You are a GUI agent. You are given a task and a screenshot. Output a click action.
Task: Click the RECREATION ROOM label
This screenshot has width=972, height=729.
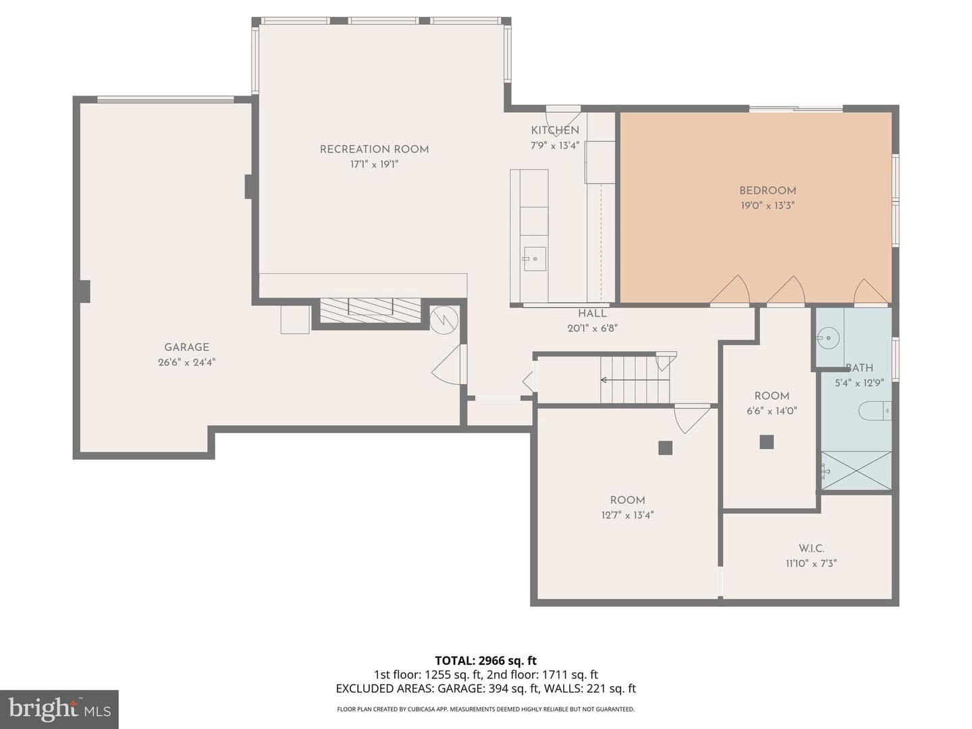pyautogui.click(x=374, y=150)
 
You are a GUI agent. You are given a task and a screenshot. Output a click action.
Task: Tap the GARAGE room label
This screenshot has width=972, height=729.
pyautogui.click(x=186, y=348)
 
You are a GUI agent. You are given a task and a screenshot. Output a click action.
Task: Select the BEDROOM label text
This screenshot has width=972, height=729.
pyautogui.click(x=767, y=191)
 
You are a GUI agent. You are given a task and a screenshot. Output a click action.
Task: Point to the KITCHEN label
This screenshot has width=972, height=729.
pyautogui.click(x=555, y=130)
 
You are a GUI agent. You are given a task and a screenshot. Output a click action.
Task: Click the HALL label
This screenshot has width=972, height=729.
pyautogui.click(x=592, y=314)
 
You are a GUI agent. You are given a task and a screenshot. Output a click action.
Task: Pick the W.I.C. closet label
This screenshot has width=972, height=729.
pyautogui.click(x=811, y=548)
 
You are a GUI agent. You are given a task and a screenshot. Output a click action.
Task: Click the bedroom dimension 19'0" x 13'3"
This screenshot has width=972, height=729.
pyautogui.click(x=767, y=206)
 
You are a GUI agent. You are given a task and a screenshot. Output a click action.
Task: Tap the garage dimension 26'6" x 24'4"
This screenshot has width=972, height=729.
pyautogui.click(x=186, y=362)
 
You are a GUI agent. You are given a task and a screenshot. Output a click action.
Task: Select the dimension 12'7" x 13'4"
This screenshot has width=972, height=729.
pyautogui.click(x=627, y=515)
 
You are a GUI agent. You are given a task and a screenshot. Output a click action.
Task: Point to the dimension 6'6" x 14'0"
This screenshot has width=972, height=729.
pyautogui.click(x=772, y=411)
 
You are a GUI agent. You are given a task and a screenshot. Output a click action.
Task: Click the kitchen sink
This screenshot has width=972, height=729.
pyautogui.click(x=534, y=259)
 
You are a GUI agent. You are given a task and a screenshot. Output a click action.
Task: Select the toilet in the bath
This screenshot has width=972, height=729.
pyautogui.click(x=875, y=411)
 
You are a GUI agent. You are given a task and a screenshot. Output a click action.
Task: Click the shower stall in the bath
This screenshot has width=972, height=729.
pyautogui.click(x=857, y=470)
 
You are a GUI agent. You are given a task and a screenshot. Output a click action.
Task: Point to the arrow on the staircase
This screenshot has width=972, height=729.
pyautogui.click(x=634, y=380)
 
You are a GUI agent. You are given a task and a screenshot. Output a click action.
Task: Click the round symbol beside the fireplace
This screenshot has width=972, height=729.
pyautogui.click(x=443, y=318)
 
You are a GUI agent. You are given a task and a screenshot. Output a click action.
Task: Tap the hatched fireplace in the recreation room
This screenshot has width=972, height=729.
pyautogui.click(x=370, y=310)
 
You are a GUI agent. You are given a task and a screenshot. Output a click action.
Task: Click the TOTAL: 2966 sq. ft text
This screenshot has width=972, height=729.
pyautogui.click(x=486, y=661)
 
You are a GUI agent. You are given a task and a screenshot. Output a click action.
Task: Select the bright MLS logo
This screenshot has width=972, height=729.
pyautogui.click(x=59, y=709)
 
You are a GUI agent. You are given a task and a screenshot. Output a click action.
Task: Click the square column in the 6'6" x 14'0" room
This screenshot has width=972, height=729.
pyautogui.click(x=767, y=442)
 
